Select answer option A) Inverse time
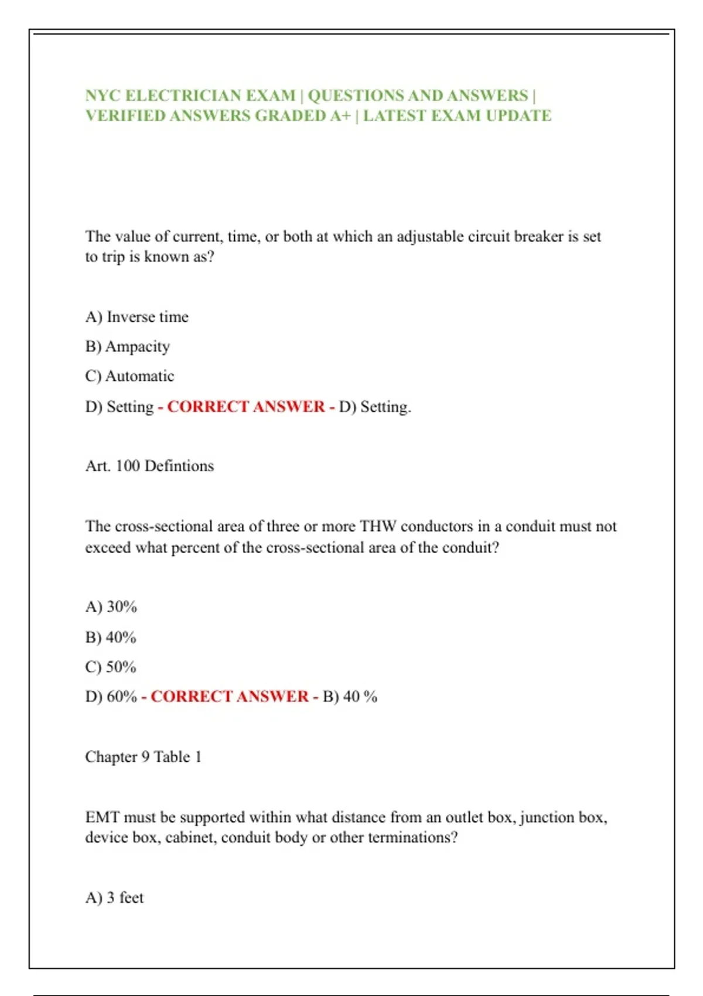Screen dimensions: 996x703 click(x=136, y=317)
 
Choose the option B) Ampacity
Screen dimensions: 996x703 click(x=127, y=346)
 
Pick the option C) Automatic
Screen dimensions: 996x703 click(x=129, y=376)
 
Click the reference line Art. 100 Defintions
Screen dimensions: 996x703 click(x=149, y=466)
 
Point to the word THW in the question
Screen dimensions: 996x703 click(x=378, y=526)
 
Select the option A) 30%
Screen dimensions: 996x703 click(x=111, y=606)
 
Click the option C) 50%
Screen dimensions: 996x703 click(x=111, y=667)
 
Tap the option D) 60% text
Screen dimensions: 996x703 click(x=111, y=697)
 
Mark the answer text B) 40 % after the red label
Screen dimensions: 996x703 click(x=350, y=697)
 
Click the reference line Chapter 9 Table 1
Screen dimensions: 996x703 click(x=143, y=757)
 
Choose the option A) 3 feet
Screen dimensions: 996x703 click(x=114, y=898)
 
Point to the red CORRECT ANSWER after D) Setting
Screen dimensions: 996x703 click(x=246, y=407)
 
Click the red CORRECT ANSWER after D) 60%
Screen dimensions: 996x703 click(x=230, y=697)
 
